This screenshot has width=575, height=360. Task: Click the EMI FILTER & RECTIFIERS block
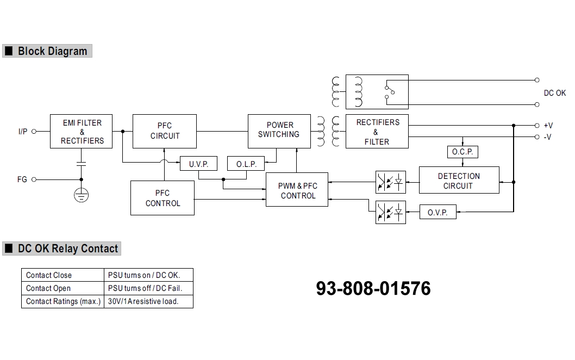82,132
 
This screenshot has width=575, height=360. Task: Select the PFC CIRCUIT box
165,131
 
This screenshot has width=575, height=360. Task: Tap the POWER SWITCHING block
279,131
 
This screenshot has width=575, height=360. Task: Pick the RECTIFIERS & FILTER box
377,131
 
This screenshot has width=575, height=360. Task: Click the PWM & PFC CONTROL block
297,191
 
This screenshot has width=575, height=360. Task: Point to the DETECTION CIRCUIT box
459,181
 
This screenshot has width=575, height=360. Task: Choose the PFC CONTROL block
162,198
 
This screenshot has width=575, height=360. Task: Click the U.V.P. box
198,164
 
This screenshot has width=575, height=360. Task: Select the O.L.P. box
246,164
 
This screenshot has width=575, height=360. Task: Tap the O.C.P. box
462,152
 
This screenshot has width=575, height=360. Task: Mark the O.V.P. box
437,212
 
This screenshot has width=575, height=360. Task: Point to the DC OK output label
554,93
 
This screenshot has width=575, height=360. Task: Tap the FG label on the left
22,179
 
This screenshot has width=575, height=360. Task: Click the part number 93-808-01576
373,288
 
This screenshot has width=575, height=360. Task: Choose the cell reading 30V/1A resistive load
148,301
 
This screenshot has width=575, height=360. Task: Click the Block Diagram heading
52,51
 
